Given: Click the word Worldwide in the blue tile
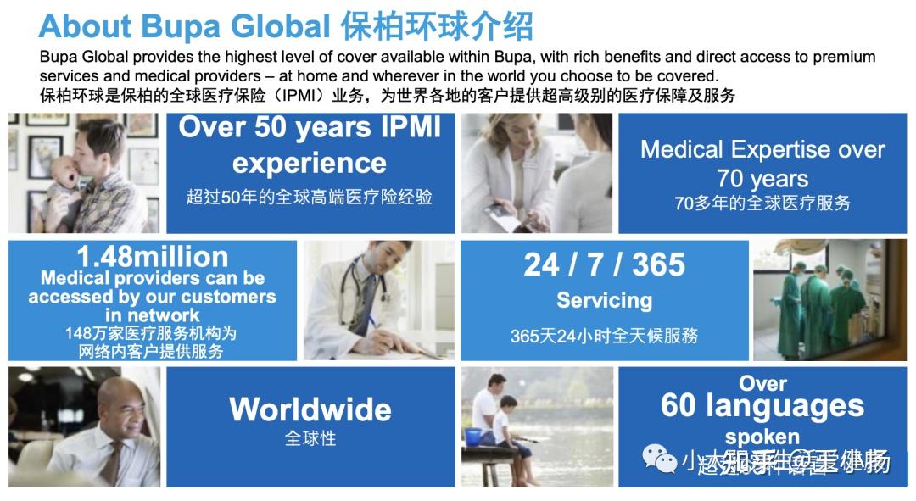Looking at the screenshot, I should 310,410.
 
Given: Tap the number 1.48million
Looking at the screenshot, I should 153,256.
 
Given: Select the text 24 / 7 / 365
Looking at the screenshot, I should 604,265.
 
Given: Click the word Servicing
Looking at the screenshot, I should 604,300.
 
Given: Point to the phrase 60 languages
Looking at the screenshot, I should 762,406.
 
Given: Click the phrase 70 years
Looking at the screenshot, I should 762,179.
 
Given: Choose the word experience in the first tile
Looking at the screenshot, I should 310,162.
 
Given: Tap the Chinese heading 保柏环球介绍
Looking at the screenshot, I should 438,26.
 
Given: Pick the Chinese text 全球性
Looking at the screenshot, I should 310,438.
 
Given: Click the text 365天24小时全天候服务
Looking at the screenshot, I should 604,336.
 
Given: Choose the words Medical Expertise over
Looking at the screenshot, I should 762,150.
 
